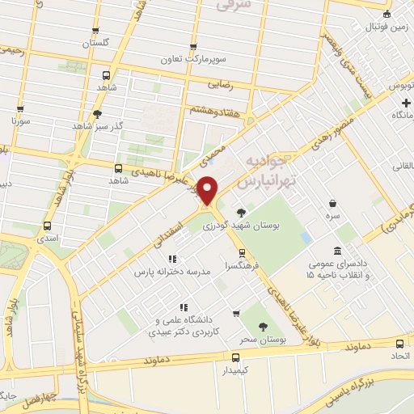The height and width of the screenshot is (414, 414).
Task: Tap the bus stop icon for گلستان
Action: tap(96, 29)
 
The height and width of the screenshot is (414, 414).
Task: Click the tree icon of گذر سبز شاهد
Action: tap(98, 114)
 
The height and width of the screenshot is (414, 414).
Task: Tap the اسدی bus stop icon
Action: tap(47, 226)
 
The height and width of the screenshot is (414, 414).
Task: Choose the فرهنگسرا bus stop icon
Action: tap(232, 251)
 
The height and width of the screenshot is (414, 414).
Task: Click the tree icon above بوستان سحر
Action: tap(263, 327)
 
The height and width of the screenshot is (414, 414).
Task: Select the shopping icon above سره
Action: tap(332, 203)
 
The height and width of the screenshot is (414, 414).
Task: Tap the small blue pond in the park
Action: tap(306, 238)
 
